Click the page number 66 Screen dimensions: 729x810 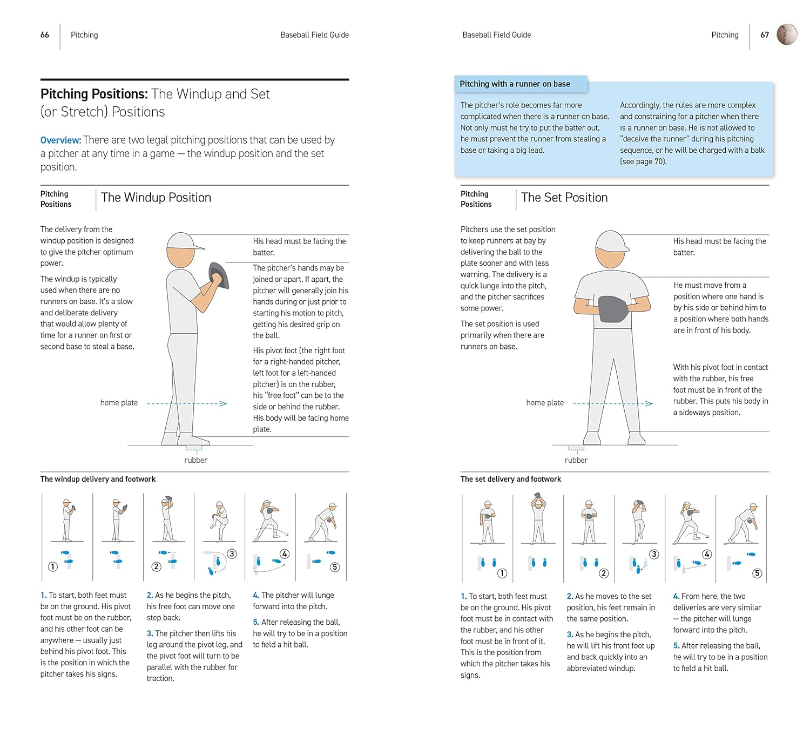coord(45,35)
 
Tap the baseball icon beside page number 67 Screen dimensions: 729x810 coord(787,35)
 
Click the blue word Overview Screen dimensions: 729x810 coord(60,140)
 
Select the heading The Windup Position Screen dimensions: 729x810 coord(156,198)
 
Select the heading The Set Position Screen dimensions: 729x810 coord(564,198)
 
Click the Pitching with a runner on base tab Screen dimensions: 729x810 coord(515,84)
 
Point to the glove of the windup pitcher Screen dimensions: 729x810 coord(219,275)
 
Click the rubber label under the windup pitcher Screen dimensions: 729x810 coord(195,460)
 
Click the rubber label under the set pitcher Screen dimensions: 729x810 coord(576,460)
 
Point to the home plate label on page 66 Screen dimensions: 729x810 coord(119,403)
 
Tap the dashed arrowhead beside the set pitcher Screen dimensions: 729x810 coord(649,403)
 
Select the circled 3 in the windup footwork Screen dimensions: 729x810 coord(232,553)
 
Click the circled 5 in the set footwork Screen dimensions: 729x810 coord(757,573)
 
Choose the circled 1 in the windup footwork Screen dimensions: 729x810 coord(52,566)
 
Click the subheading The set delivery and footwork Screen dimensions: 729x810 coord(510,479)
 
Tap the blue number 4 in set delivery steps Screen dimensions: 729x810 coord(676,596)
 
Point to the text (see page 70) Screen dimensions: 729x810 coord(643,161)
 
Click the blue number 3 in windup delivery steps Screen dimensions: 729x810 coord(150,633)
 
